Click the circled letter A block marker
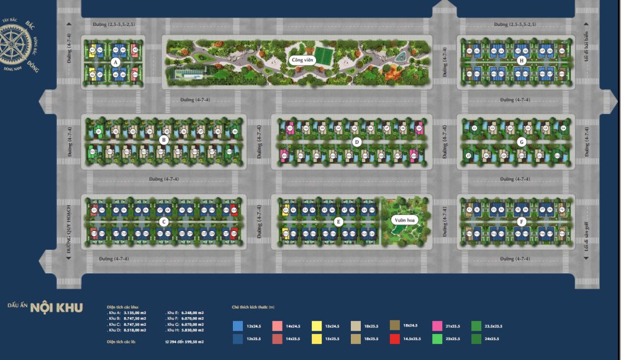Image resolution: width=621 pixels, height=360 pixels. pos(116,63)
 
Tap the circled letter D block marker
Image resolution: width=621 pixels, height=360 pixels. pos(356,142)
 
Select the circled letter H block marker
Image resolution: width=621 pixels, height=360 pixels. pos(522,60)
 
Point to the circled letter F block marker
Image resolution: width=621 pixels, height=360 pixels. pos(522,221)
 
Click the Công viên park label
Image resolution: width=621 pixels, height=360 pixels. pos(301,60)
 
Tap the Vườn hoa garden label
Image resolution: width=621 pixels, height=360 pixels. pos(403,220)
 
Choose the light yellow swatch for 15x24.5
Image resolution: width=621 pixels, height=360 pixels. pos(316,325)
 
